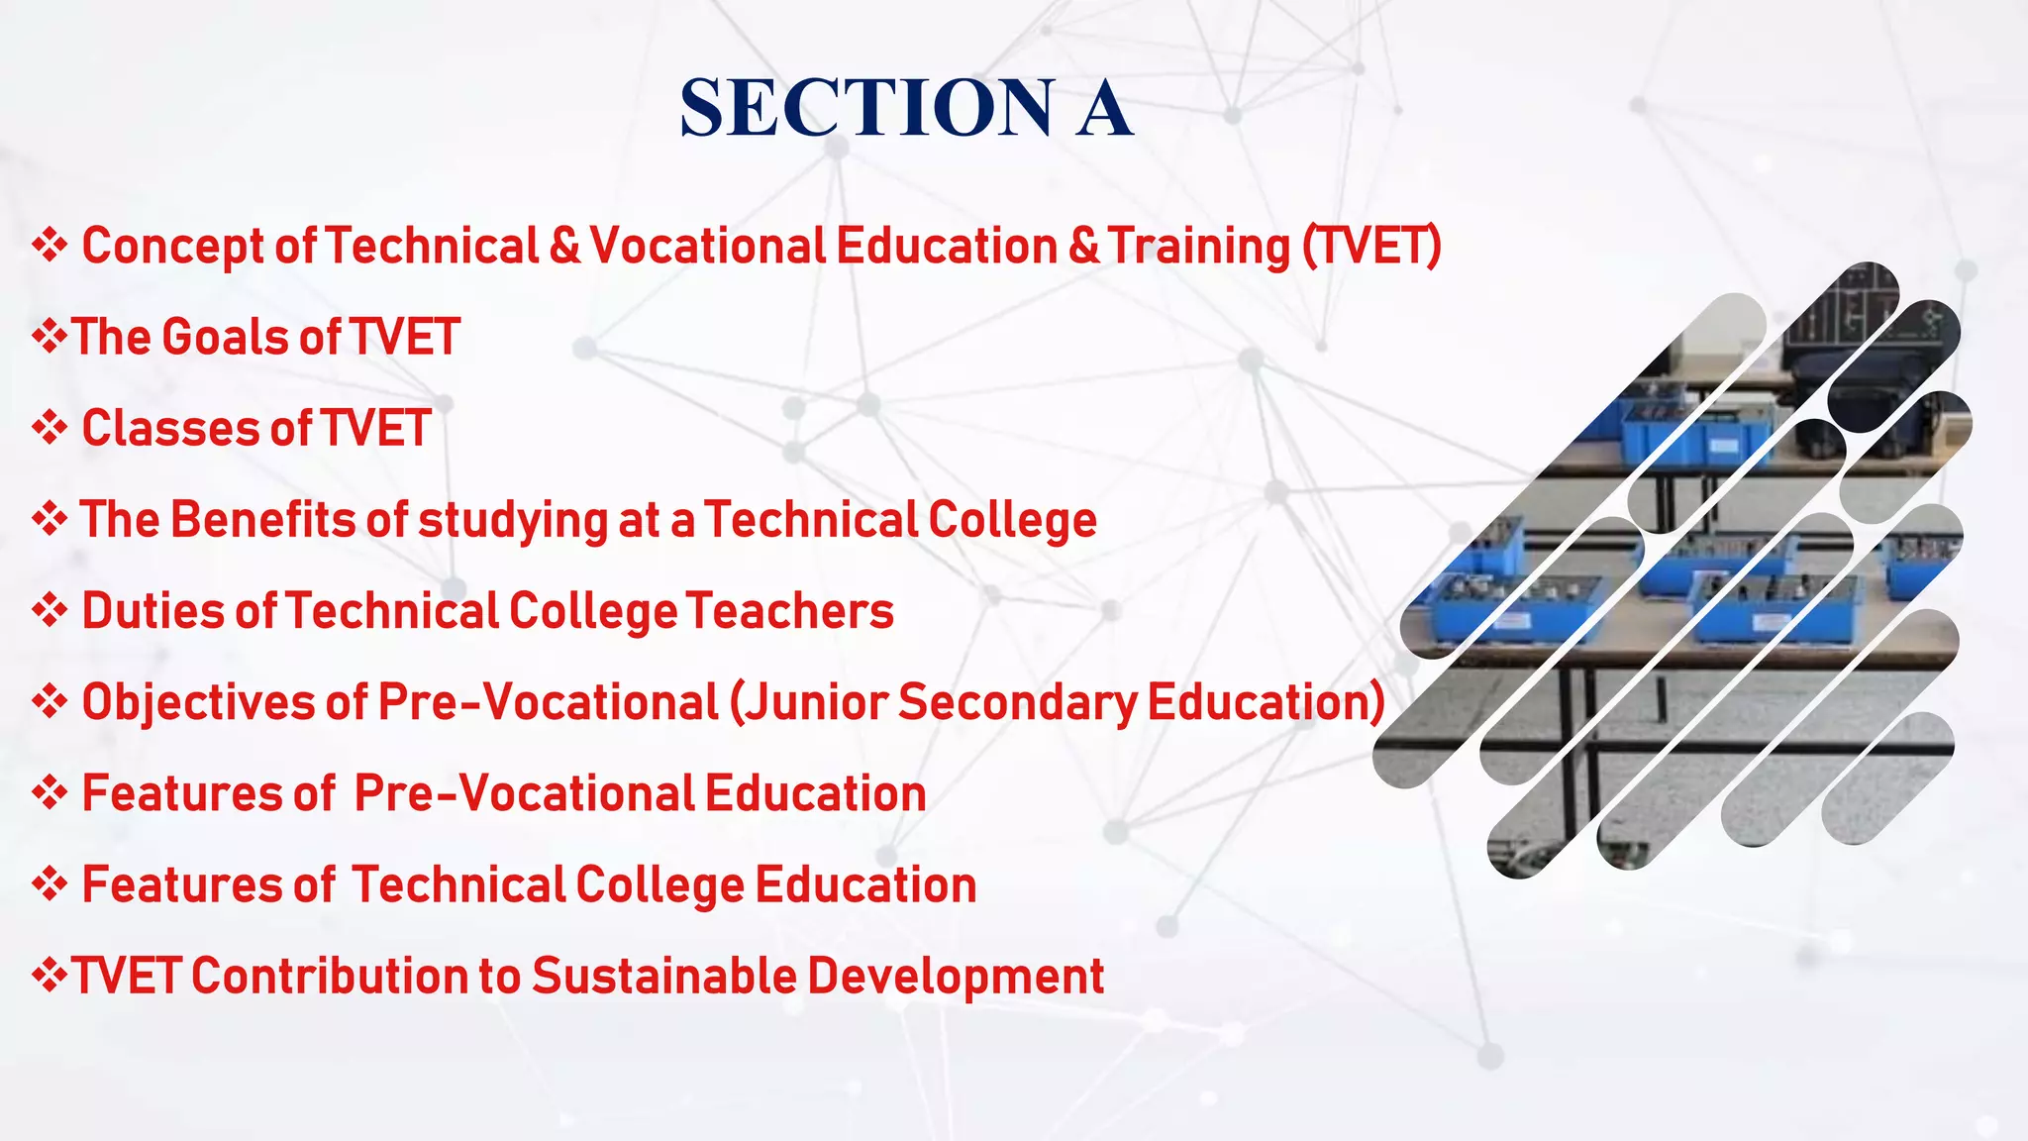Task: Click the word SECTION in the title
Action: pyautogui.click(x=867, y=108)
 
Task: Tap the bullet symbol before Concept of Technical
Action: pyautogui.click(x=49, y=245)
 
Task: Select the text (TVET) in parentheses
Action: pyautogui.click(x=1371, y=246)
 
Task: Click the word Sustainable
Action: pyautogui.click(x=663, y=976)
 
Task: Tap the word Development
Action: pyautogui.click(x=956, y=978)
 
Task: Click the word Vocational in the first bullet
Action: pyautogui.click(x=707, y=246)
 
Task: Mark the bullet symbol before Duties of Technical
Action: pyautogui.click(x=49, y=610)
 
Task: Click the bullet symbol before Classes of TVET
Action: pyautogui.click(x=49, y=428)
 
